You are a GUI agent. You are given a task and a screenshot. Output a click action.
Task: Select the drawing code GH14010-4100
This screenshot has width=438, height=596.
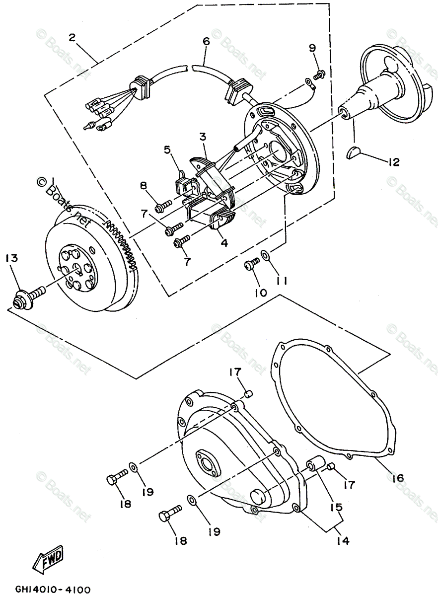[47, 590]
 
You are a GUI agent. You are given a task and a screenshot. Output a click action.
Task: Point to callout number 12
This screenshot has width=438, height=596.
[393, 162]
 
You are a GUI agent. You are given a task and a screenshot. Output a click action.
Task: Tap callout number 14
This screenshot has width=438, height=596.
[343, 539]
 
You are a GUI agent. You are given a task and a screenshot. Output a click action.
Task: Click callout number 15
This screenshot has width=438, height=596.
[337, 507]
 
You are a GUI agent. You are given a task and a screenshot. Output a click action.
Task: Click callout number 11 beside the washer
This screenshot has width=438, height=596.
[282, 281]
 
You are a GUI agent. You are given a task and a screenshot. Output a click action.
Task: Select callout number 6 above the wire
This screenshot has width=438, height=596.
[206, 42]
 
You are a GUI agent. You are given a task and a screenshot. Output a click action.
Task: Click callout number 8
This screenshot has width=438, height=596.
[144, 186]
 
